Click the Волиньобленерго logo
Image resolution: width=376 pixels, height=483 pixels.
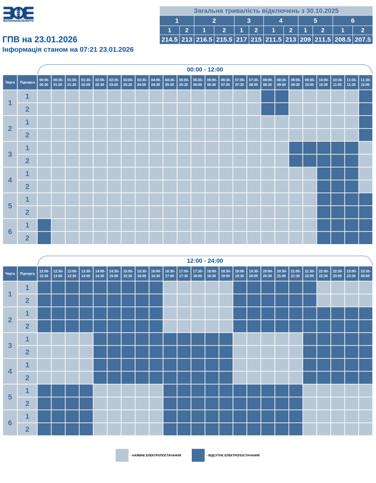click(18, 15)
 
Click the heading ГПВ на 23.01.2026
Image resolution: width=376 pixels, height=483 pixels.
click(40, 39)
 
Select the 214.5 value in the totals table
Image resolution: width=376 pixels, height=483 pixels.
click(169, 39)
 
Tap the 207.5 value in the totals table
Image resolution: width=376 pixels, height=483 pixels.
click(362, 39)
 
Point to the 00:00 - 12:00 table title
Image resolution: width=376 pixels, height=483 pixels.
click(205, 69)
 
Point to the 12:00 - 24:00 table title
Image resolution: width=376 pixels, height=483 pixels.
click(205, 261)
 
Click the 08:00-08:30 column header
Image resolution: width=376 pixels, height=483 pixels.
click(268, 82)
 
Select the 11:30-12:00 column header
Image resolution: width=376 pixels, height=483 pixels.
click(366, 82)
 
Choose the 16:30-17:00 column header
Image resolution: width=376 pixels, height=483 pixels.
click(170, 273)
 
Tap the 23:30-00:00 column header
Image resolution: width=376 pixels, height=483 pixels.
click(366, 273)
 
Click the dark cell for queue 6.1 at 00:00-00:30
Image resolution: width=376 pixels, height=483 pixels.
click(44, 225)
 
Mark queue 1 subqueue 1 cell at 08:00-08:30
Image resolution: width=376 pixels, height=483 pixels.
click(268, 96)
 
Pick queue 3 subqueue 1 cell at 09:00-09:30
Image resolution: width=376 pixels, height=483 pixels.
click(296, 148)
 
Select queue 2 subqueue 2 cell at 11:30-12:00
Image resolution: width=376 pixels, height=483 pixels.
click(366, 135)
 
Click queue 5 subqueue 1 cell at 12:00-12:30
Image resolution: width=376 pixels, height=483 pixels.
click(44, 391)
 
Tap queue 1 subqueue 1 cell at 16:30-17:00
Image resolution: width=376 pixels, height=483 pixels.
click(170, 288)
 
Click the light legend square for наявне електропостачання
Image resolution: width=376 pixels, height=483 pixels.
click(122, 455)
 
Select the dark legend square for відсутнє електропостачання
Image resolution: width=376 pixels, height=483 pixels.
click(198, 455)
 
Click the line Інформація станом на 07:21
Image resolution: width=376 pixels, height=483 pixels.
click(68, 49)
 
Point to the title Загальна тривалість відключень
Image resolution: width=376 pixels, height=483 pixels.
click(266, 10)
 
